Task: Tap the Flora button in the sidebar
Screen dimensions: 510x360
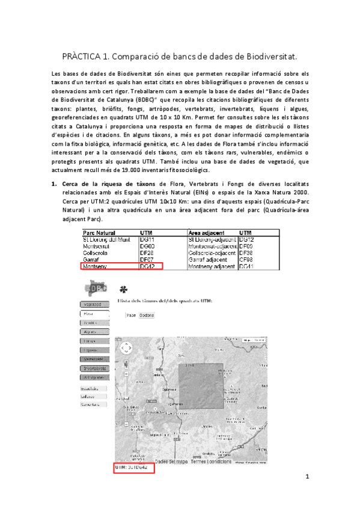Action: [89, 314]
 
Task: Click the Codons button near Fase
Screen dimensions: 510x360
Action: [147, 315]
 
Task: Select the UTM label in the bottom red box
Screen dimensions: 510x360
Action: [120, 467]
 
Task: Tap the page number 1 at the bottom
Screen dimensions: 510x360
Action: [307, 478]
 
